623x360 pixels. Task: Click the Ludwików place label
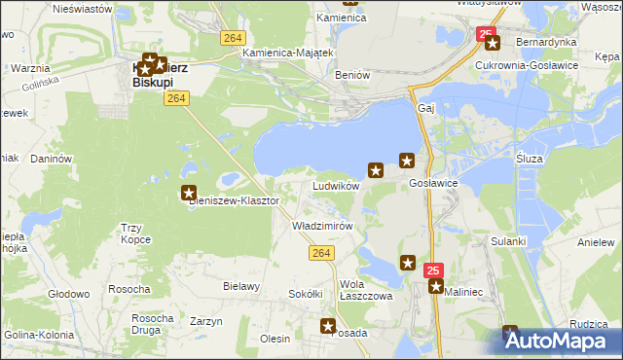[336, 185]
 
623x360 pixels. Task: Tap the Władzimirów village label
[321, 225]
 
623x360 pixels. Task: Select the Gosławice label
[434, 183]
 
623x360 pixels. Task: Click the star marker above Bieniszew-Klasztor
[190, 193]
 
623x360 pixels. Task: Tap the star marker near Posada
[329, 327]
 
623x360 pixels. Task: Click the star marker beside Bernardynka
[492, 43]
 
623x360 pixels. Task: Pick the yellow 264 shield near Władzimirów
[324, 253]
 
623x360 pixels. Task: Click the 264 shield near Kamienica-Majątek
[232, 37]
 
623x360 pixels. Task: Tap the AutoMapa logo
[563, 341]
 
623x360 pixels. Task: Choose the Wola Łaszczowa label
[365, 290]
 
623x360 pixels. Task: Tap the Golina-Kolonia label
[34, 336]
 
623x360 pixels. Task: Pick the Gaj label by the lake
[424, 108]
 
